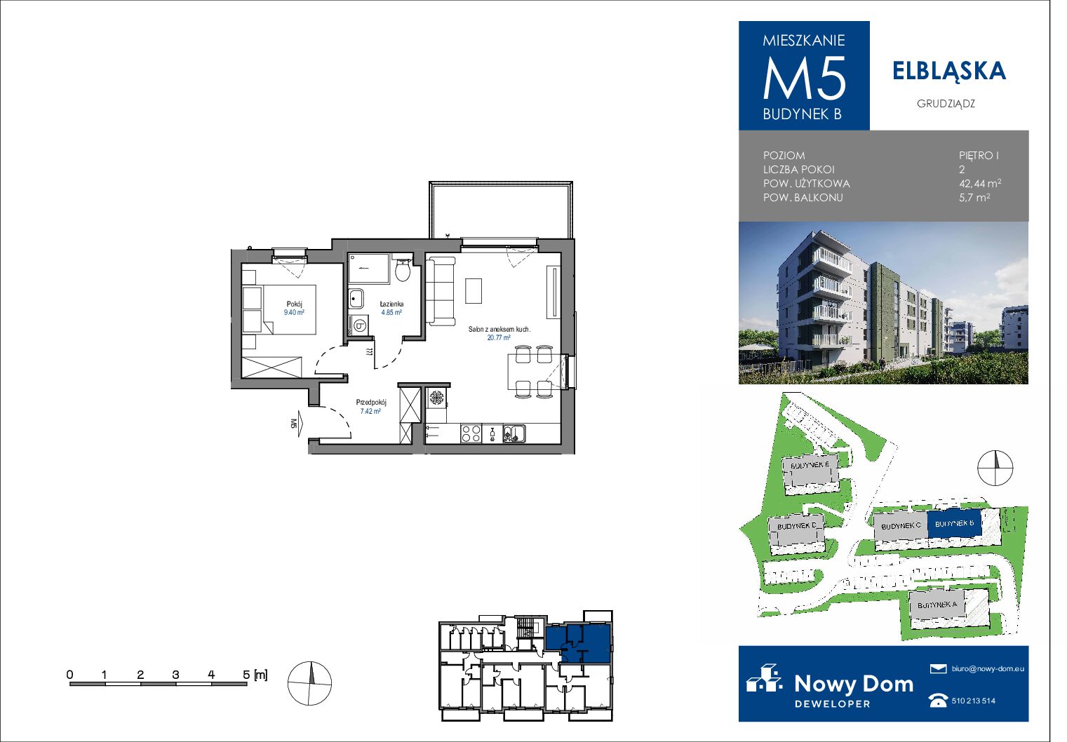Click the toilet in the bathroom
click(x=403, y=269)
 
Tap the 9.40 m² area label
click(x=294, y=312)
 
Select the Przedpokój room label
click(x=371, y=403)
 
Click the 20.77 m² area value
click(x=499, y=337)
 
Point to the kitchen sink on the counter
click(x=514, y=433)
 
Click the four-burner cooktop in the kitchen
click(x=471, y=434)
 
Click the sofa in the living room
click(x=440, y=291)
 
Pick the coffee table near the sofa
click(x=474, y=291)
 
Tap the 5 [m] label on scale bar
click(x=255, y=675)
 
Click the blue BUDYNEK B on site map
click(x=954, y=524)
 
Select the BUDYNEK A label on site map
click(x=937, y=605)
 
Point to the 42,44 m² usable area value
click(x=980, y=183)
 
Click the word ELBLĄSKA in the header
click(x=949, y=72)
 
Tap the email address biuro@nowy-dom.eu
click(x=988, y=668)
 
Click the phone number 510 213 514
click(x=973, y=701)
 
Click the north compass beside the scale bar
click(x=309, y=683)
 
